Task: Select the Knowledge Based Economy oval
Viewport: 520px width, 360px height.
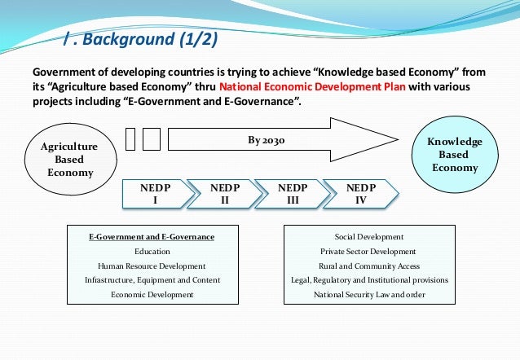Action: pos(454,154)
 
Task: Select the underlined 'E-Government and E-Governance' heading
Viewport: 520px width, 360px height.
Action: pos(152,236)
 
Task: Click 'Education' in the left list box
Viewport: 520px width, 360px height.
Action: pos(152,252)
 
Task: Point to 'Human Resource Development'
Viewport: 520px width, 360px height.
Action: pos(152,266)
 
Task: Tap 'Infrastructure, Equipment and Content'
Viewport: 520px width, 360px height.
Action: pos(152,279)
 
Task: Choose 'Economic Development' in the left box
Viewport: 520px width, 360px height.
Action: pos(152,294)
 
